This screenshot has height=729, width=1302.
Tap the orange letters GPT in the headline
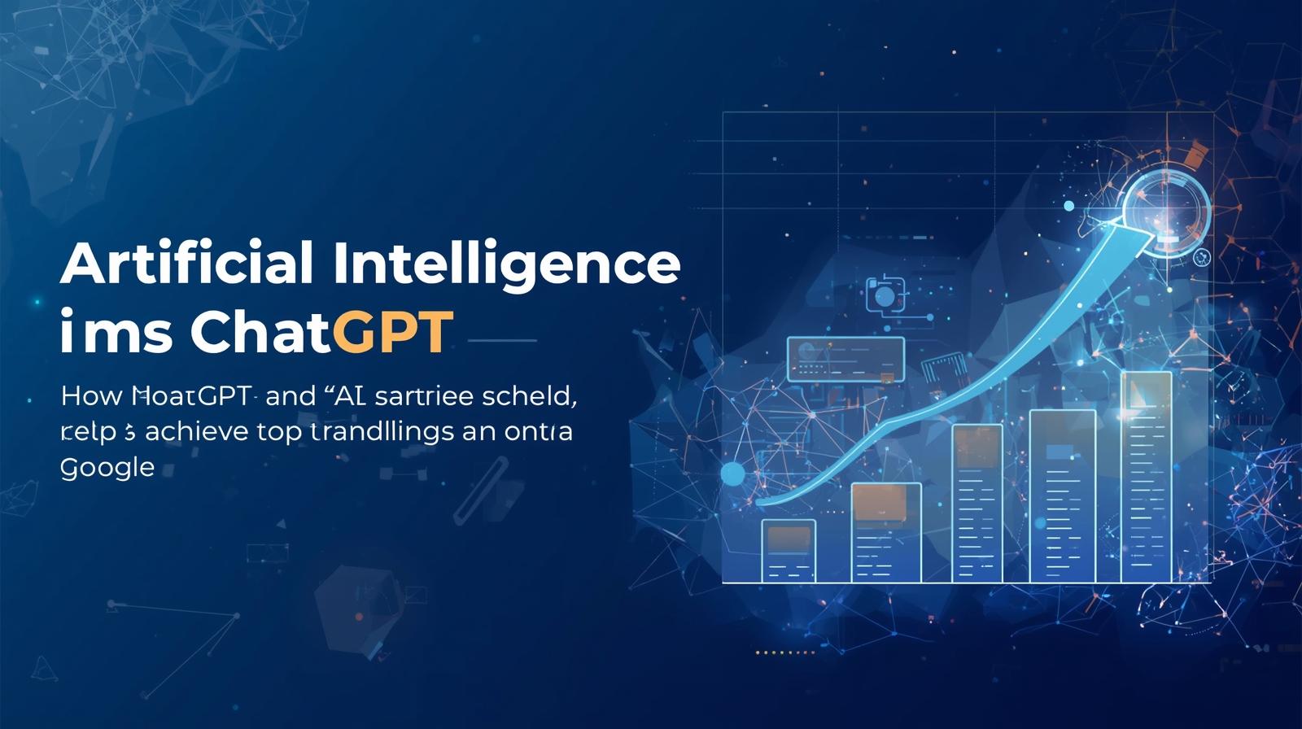point(392,331)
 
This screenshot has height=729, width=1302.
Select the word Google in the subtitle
point(107,468)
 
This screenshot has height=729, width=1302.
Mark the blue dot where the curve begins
point(733,474)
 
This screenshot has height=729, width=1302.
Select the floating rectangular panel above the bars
point(845,359)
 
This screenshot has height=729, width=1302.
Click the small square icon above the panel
point(885,294)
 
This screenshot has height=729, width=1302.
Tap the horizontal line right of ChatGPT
point(502,340)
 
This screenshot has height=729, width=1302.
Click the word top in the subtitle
point(278,431)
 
